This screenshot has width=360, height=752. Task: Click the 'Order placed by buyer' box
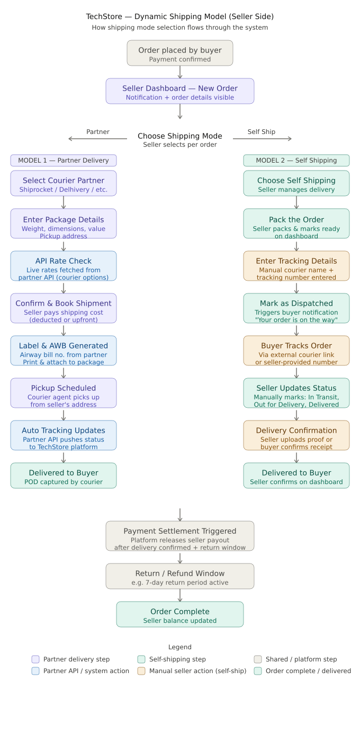point(180,53)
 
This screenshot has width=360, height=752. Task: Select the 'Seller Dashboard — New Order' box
point(180,91)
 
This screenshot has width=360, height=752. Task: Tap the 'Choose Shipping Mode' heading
point(180,136)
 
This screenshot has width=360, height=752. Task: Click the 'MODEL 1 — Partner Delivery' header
point(64,160)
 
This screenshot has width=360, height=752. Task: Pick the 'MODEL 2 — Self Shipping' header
point(296,160)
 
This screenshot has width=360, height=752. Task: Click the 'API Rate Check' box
point(64,266)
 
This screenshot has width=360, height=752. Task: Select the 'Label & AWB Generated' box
point(64,351)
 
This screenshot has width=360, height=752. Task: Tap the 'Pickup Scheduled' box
point(64,393)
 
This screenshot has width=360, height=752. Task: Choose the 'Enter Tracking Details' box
point(296,266)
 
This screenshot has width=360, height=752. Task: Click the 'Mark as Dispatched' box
point(296,308)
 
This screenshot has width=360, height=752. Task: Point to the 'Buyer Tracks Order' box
point(296,351)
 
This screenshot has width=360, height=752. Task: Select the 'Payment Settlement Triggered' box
point(180,536)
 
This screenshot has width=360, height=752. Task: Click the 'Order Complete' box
point(180,614)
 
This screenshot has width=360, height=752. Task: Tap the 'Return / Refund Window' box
point(180,576)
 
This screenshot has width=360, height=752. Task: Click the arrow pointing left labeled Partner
point(97,139)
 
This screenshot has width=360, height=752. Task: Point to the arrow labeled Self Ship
point(263,139)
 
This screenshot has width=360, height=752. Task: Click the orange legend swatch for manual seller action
point(141,671)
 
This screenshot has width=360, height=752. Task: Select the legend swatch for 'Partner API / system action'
point(35,671)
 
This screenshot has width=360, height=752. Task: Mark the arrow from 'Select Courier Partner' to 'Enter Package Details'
point(64,202)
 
